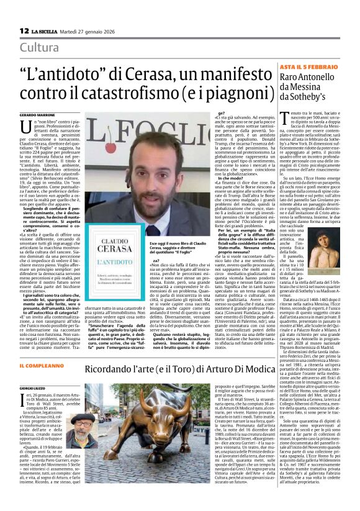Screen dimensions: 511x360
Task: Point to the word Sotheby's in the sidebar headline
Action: coord(312,97)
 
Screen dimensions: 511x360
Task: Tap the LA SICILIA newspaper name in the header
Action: coord(47,31)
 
